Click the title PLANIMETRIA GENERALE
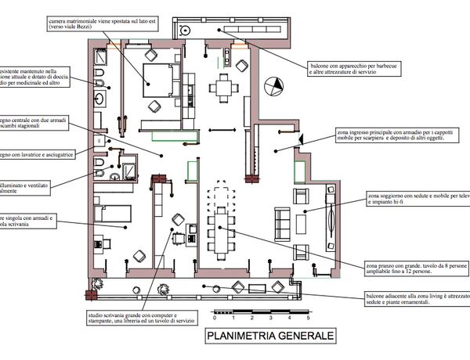coord(269,336)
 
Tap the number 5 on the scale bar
coord(308,319)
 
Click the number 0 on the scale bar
coord(213,319)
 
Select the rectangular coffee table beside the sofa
coord(302,223)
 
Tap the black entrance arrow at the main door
coord(301,139)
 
